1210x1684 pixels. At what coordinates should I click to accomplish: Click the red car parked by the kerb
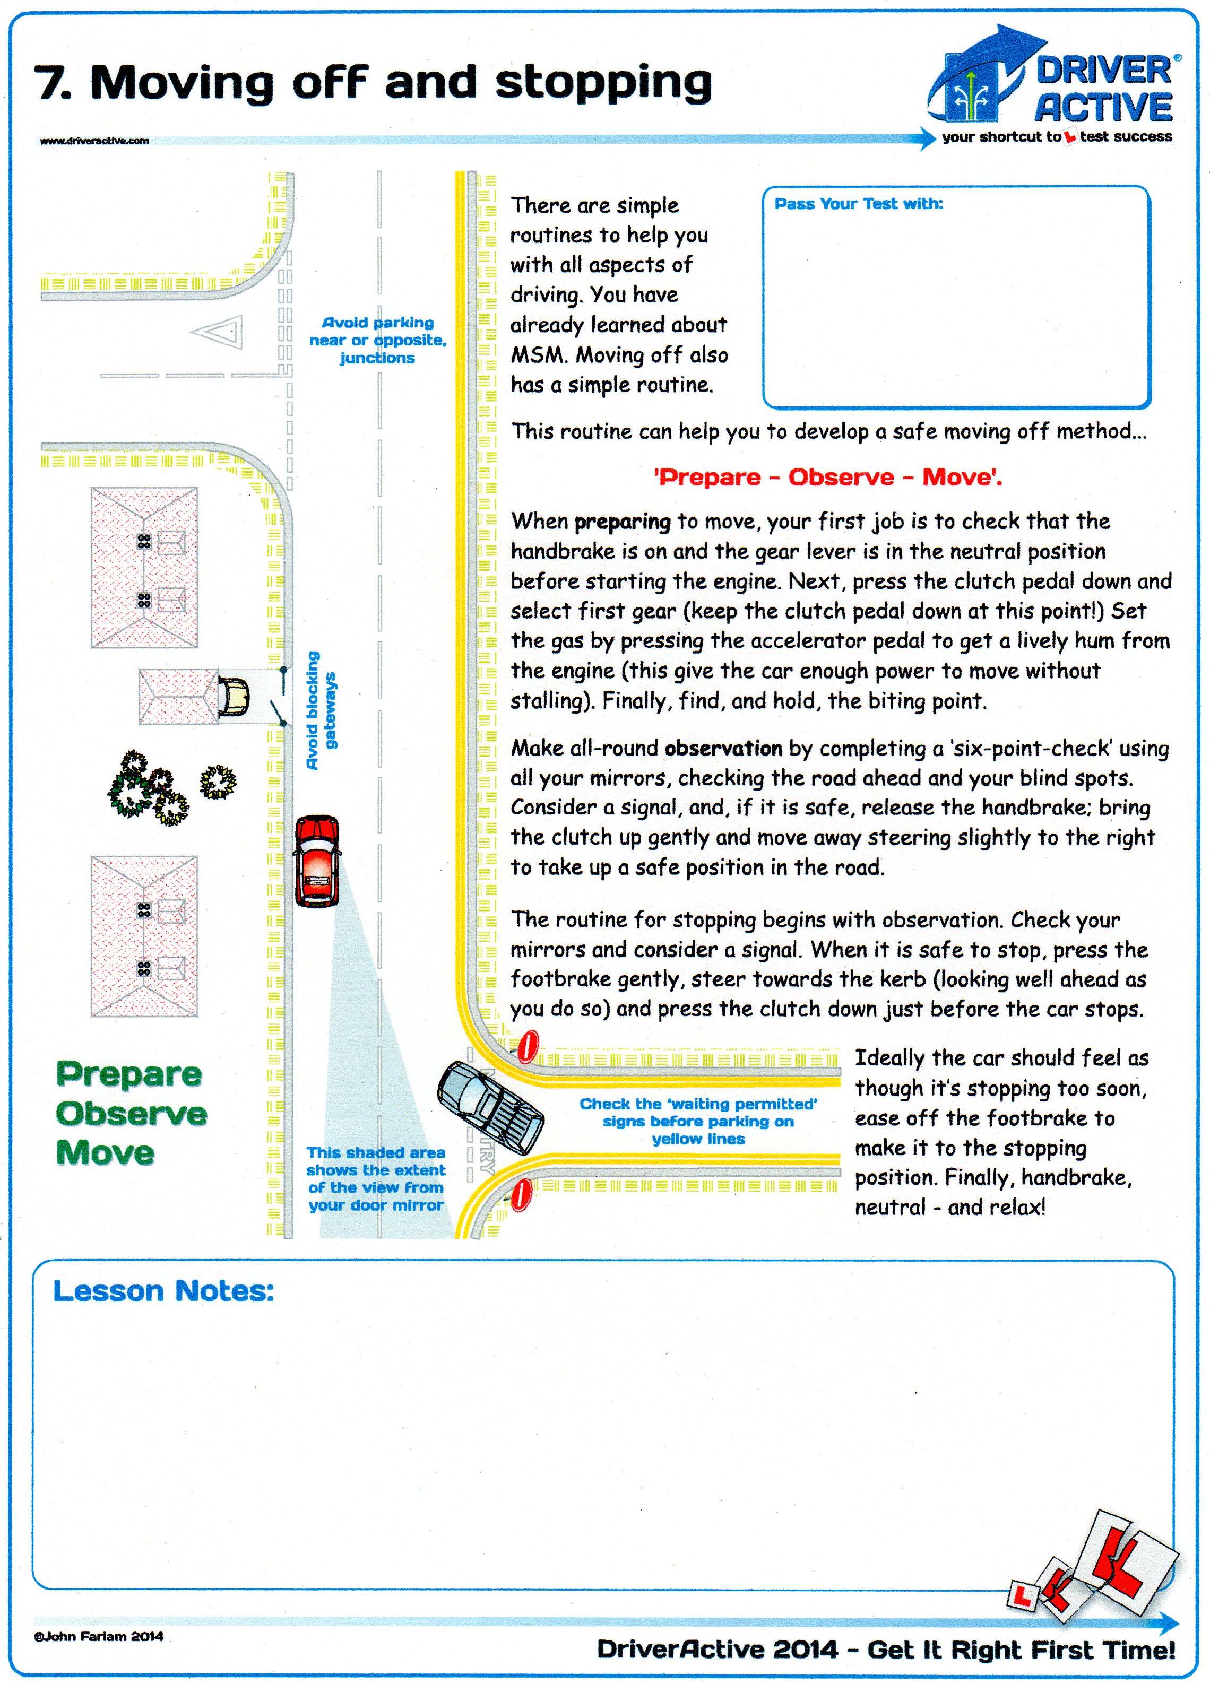click(318, 861)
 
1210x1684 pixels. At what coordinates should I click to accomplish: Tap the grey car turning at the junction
click(491, 1108)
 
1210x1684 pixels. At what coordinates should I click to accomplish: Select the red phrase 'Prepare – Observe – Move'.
click(827, 476)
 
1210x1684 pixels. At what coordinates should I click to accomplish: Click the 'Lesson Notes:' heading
click(163, 1290)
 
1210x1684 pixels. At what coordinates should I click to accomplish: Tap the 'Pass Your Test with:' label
click(858, 204)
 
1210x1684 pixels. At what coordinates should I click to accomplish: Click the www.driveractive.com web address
click(94, 140)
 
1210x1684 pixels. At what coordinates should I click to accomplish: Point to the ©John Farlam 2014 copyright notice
click(98, 1636)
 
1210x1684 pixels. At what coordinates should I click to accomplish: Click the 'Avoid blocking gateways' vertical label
click(322, 710)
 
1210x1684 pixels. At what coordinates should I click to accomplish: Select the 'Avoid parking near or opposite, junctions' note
click(377, 340)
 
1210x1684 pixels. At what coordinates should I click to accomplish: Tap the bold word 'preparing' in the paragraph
click(623, 522)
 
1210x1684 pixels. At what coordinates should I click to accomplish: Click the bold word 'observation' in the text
click(723, 749)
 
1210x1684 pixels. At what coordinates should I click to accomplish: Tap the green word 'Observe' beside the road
click(132, 1114)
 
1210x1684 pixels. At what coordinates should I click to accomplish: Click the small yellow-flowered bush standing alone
click(218, 782)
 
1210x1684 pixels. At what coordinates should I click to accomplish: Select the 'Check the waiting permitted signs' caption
click(698, 1121)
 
